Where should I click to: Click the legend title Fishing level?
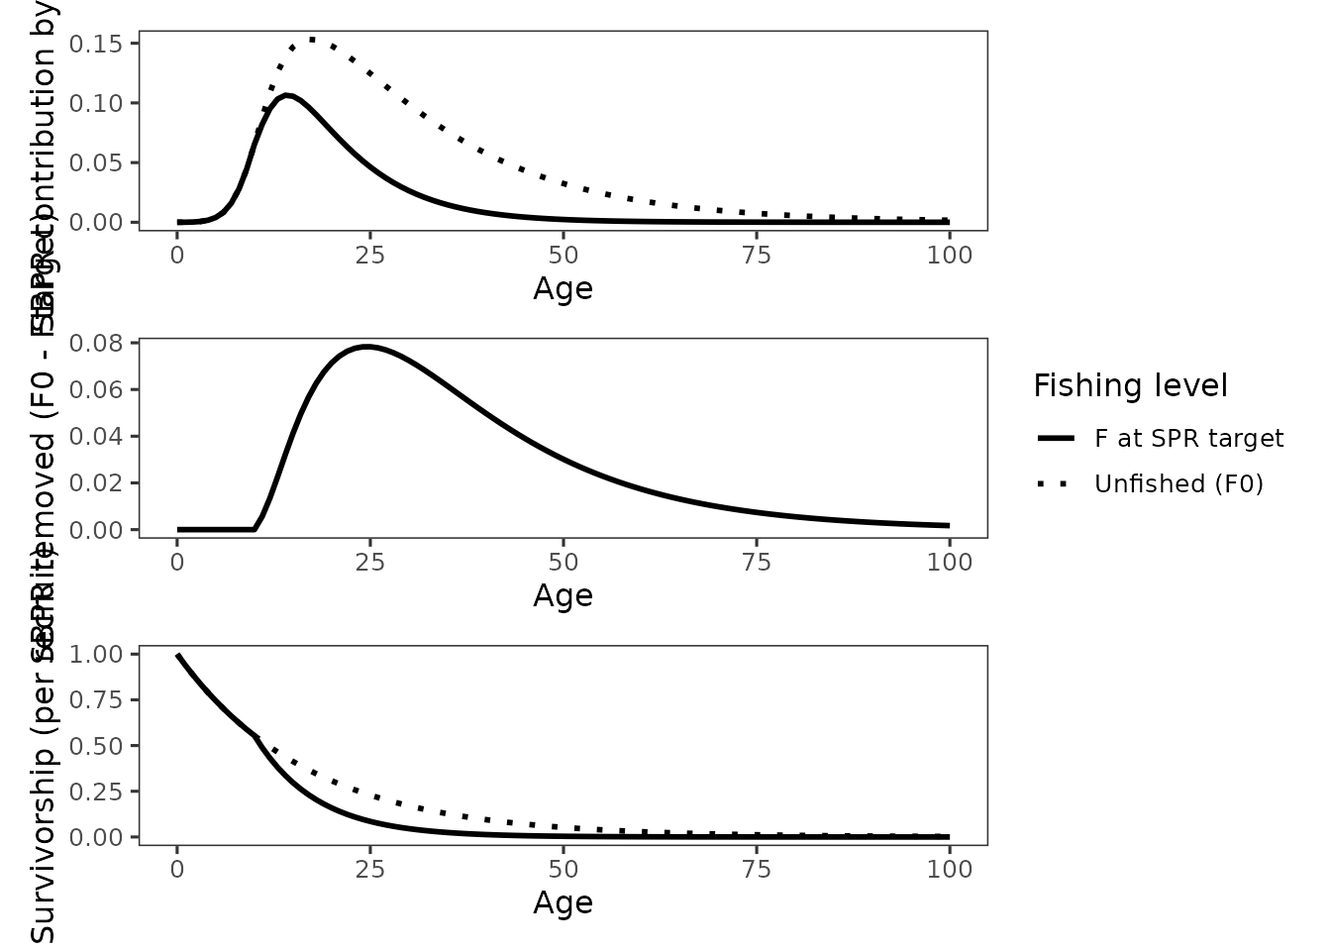click(x=1130, y=385)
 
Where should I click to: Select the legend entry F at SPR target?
click(x=1188, y=439)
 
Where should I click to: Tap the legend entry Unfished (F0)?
click(x=1178, y=483)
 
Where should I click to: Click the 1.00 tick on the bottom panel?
click(x=96, y=654)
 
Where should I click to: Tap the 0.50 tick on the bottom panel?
click(x=96, y=746)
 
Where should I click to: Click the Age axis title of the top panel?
click(x=563, y=288)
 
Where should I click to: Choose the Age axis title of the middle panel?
click(x=563, y=595)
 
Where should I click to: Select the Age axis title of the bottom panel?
click(x=563, y=902)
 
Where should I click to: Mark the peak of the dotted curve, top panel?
click(x=312, y=40)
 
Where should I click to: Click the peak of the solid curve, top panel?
click(x=286, y=95)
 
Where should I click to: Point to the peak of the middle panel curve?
click(x=367, y=347)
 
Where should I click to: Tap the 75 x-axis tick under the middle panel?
click(x=757, y=562)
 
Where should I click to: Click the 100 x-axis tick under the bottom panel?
click(x=950, y=869)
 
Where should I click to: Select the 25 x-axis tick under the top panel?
click(x=370, y=255)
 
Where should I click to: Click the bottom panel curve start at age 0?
click(x=178, y=655)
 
